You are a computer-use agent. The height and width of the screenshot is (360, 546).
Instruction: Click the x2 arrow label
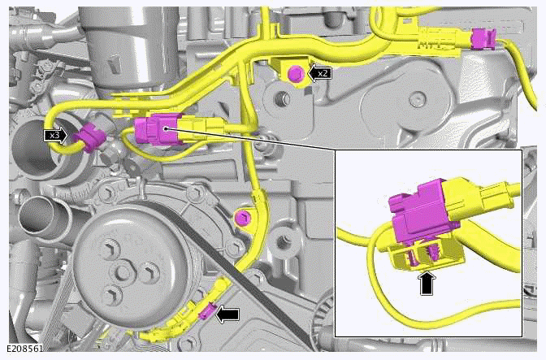coord(321,73)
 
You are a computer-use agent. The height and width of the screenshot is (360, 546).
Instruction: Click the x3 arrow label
coord(56,135)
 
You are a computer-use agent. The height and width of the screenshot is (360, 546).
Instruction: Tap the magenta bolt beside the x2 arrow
coord(295,75)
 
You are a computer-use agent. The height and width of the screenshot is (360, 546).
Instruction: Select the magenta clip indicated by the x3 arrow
coord(87,140)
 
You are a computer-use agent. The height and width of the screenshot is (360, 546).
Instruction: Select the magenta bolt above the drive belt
coord(240,217)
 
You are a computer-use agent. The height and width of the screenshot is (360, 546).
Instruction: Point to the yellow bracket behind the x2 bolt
coord(284,65)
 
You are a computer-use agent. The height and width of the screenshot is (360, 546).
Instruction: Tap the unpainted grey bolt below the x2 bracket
coord(280,101)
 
